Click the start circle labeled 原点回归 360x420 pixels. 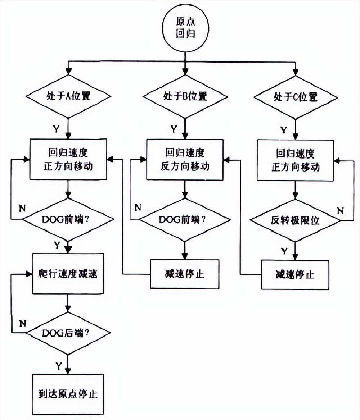[x=185, y=27]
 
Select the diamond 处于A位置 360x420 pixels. [x=68, y=97]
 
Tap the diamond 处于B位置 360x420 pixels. [x=185, y=96]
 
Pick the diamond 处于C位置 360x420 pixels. [x=295, y=97]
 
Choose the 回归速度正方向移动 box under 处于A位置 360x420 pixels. [x=68, y=160]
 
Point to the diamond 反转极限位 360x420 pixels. [x=295, y=220]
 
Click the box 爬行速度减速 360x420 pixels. [x=68, y=273]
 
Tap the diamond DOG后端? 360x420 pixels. [x=68, y=333]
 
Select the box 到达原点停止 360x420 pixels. [x=68, y=394]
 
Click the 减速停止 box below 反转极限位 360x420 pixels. [x=295, y=275]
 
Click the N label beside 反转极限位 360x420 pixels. [x=340, y=209]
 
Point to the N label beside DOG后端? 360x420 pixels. [x=22, y=323]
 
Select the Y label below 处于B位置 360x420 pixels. [x=174, y=128]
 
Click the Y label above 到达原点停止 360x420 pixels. [x=58, y=365]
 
